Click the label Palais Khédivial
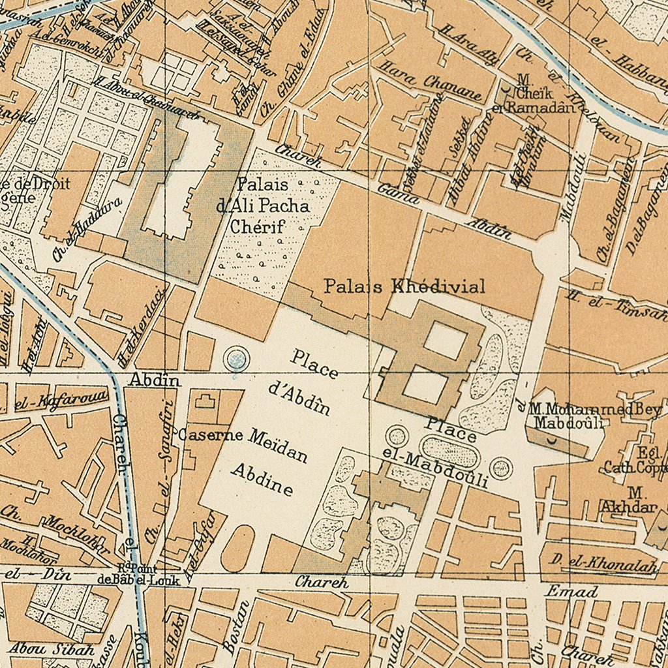pos(404,286)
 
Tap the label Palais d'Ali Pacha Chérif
pos(262,205)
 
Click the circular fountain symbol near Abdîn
pos(236,358)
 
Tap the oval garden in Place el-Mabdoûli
pos(449,452)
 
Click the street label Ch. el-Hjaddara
pos(88,230)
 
